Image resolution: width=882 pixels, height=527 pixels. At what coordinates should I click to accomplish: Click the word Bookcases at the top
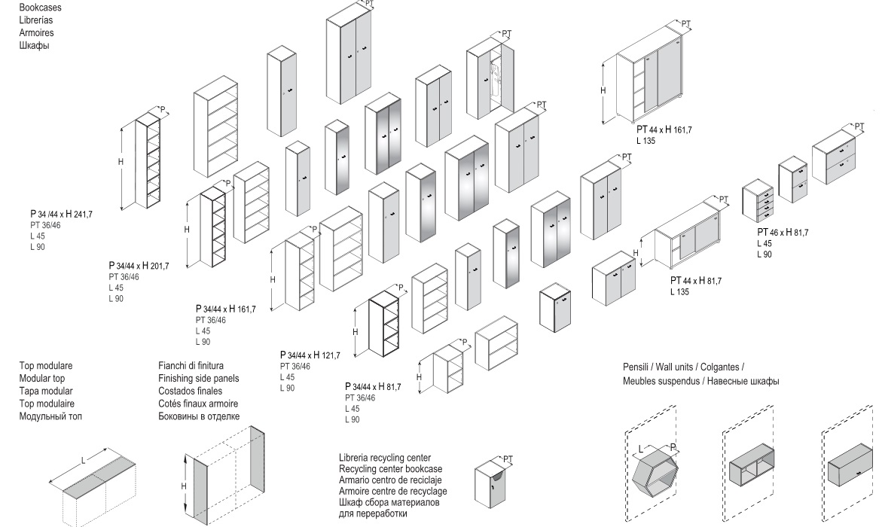click(x=41, y=7)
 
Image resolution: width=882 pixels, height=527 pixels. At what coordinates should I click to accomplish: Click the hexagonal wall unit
click(x=654, y=475)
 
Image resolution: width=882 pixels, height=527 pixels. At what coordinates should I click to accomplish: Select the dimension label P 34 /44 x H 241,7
click(x=67, y=215)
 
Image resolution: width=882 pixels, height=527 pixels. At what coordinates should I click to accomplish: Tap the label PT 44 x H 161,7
click(x=664, y=130)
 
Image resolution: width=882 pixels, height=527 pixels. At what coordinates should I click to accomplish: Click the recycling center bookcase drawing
click(x=492, y=486)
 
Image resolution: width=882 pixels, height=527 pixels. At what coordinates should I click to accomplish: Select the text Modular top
click(x=45, y=379)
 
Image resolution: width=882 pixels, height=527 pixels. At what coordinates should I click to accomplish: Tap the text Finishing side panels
click(x=198, y=379)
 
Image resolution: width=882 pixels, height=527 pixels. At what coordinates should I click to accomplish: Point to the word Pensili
click(x=637, y=367)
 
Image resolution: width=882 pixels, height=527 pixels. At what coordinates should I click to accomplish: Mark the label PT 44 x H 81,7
click(x=695, y=281)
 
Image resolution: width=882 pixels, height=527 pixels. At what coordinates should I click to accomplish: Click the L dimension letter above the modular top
click(x=84, y=459)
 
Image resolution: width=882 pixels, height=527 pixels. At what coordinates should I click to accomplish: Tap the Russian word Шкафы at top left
click(x=35, y=44)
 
